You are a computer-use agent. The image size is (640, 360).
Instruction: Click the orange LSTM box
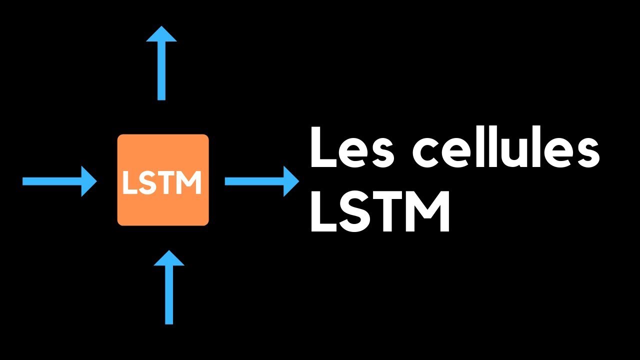tap(163, 150)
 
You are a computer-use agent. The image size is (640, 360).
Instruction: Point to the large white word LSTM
tap(380, 213)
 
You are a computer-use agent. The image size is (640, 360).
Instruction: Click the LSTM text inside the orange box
tap(162, 183)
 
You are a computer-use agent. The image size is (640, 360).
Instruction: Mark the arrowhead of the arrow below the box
tap(169, 258)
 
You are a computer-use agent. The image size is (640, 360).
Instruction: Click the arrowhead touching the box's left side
tap(89, 181)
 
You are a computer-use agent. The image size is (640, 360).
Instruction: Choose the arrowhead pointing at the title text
tap(290, 181)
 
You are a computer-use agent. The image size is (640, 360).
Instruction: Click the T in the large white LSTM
tap(388, 213)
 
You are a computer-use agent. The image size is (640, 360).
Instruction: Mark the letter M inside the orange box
tap(190, 183)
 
